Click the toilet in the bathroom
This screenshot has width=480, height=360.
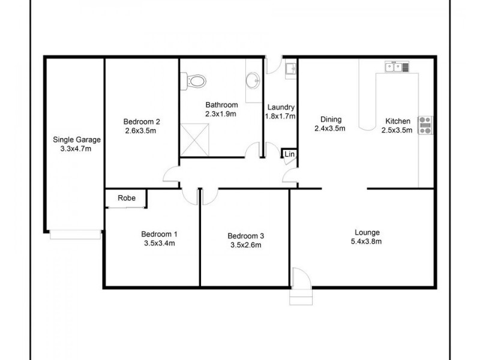pyautogui.click(x=195, y=79)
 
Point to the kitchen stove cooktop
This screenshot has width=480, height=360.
pyautogui.click(x=425, y=124)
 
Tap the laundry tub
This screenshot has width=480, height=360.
pyautogui.click(x=290, y=68)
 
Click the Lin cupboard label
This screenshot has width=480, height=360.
pyautogui.click(x=289, y=155)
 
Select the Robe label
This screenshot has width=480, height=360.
pyautogui.click(x=126, y=198)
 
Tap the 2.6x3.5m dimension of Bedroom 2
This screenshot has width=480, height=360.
pyautogui.click(x=141, y=131)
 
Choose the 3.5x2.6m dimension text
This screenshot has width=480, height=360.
pyautogui.click(x=245, y=244)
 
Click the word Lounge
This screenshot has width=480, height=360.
pyautogui.click(x=367, y=232)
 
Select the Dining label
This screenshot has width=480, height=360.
pyautogui.click(x=330, y=119)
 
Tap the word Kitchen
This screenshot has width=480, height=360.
pyautogui.click(x=398, y=121)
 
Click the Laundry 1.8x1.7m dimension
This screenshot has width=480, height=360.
pyautogui.click(x=281, y=116)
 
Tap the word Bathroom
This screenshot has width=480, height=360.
pyautogui.click(x=221, y=104)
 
